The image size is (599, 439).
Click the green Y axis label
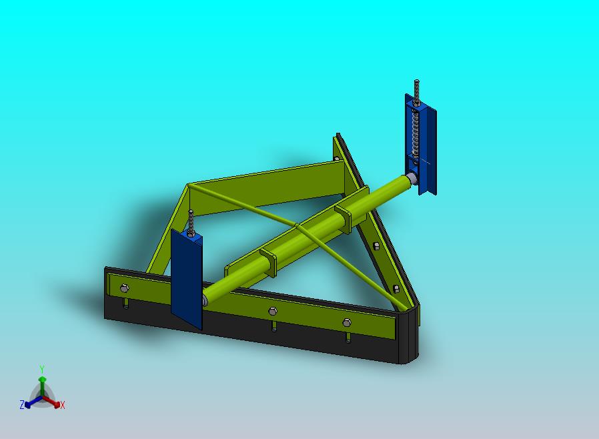point(42,369)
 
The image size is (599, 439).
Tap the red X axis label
point(63,405)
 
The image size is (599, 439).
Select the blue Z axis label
point(22,404)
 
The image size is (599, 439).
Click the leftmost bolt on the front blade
point(125,288)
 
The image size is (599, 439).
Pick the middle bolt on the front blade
point(272,312)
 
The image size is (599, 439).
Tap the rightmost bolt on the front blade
point(346,323)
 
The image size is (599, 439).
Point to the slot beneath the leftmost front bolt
point(126,304)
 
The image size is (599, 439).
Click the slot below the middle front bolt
point(274,327)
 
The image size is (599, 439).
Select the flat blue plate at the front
point(186,280)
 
